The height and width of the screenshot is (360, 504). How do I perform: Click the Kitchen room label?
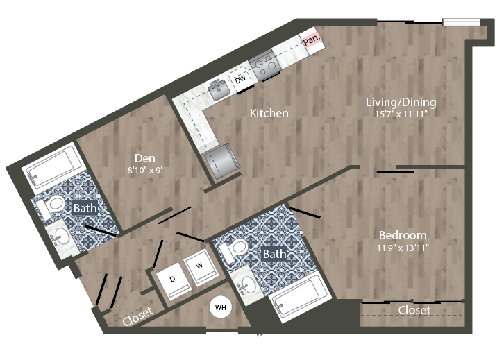point(269,113)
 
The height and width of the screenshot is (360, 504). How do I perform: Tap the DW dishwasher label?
point(240,81)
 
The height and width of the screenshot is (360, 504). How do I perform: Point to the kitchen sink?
point(219,89)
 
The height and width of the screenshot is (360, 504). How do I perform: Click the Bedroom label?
point(403,235)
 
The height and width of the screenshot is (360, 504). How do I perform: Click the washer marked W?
point(199,265)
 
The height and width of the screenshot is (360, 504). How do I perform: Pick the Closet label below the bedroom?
point(414,310)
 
